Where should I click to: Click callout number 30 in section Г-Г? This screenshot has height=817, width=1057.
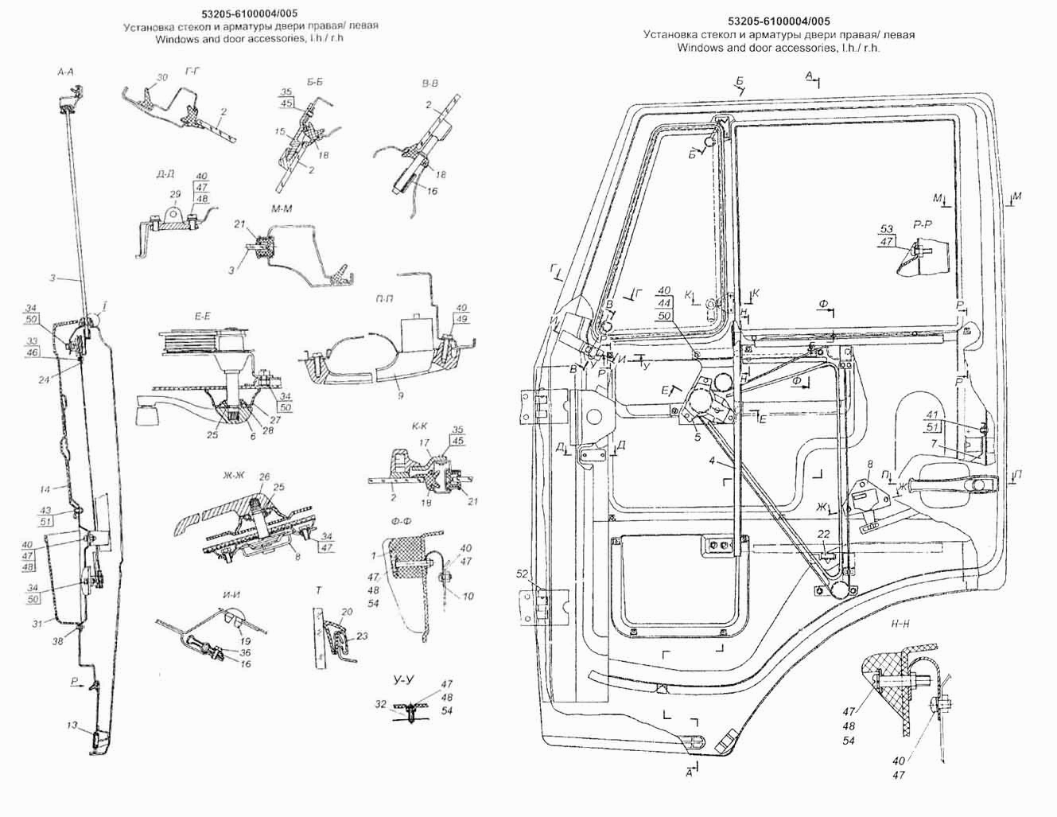[162, 77]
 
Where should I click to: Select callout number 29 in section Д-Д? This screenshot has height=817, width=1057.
[174, 194]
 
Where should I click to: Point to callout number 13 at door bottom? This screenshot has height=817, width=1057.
[72, 725]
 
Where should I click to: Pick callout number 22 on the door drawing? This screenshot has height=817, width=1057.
[823, 534]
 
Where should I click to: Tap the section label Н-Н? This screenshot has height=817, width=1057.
[901, 624]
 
